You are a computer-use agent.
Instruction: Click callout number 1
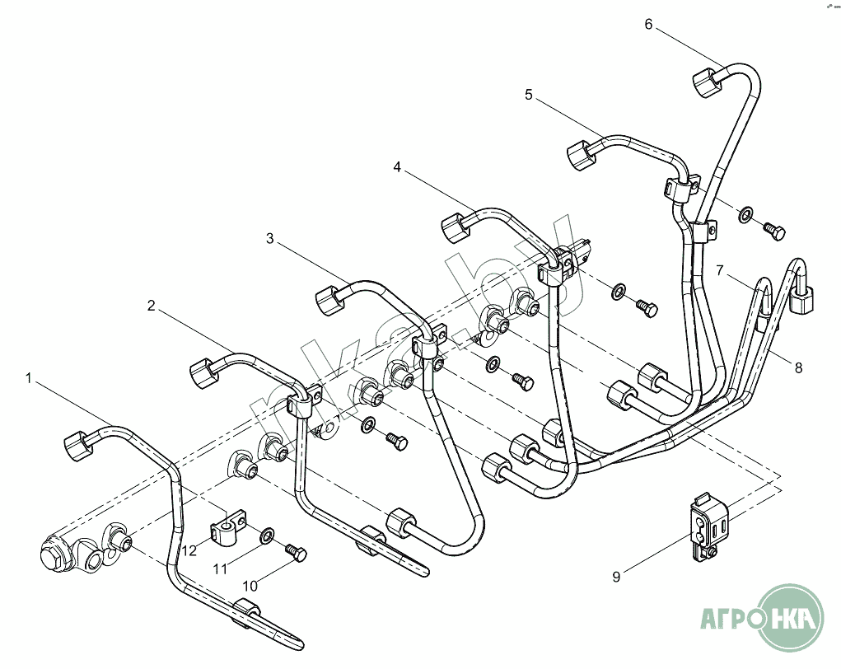[x=29, y=378]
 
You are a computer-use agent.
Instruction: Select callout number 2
[x=152, y=306]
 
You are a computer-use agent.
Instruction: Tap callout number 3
[x=270, y=238]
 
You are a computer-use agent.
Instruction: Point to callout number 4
[x=397, y=167]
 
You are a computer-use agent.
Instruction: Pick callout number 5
[x=529, y=95]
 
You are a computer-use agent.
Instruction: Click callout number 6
[x=648, y=24]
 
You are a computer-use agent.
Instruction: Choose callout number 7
[x=720, y=270]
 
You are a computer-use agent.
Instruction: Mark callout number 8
[x=799, y=367]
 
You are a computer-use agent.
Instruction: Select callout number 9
[x=616, y=577]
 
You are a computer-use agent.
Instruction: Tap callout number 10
[x=250, y=585]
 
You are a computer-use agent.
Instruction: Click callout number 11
[x=220, y=568]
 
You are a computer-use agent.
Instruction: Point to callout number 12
[x=189, y=551]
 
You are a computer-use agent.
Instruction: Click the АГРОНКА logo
[x=762, y=619]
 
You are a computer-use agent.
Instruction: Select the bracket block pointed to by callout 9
[x=708, y=528]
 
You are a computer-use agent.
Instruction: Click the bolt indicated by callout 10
[x=296, y=553]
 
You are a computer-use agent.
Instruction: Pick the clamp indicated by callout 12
[x=227, y=527]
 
